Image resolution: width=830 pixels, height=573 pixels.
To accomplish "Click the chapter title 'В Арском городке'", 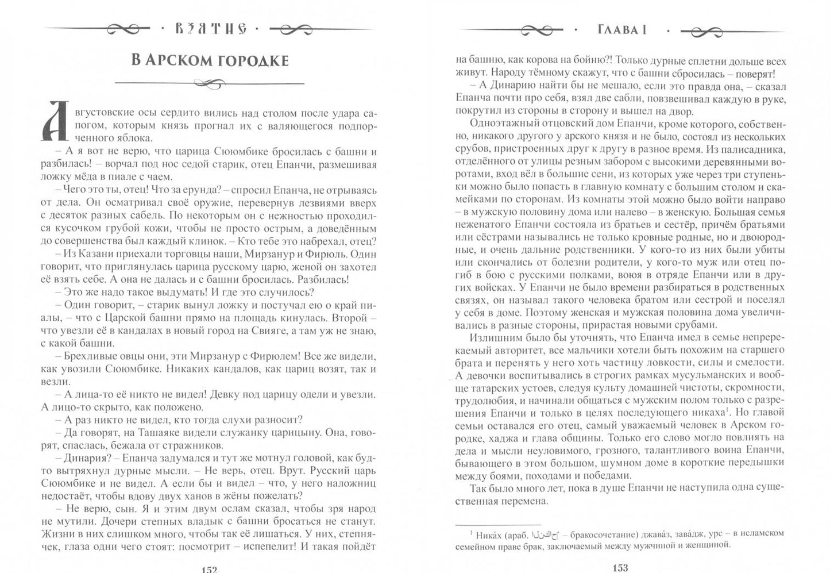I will (210, 60).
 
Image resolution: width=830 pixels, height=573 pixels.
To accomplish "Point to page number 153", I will (620, 568).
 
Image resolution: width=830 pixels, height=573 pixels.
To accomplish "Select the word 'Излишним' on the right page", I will (495, 337).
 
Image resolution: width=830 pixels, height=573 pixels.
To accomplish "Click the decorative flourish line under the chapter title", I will (210, 84).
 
